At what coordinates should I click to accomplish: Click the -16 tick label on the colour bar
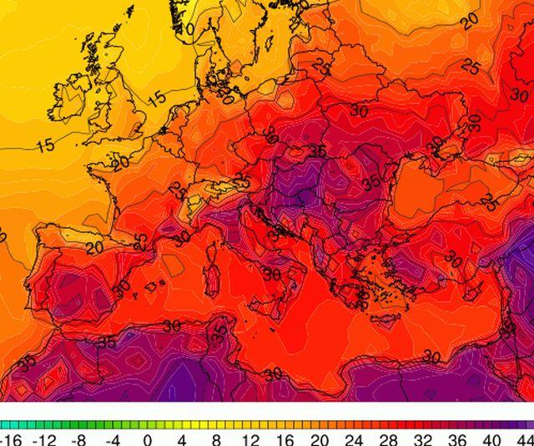[10, 438]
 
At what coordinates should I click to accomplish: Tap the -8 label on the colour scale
[78, 438]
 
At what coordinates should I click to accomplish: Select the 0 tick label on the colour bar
[147, 438]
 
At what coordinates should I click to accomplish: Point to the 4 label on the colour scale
[181, 438]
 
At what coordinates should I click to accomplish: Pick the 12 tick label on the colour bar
[249, 438]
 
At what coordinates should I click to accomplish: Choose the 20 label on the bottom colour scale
[320, 438]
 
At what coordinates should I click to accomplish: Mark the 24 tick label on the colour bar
[354, 438]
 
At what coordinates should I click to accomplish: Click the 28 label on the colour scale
[389, 438]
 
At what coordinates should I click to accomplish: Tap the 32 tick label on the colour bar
[423, 438]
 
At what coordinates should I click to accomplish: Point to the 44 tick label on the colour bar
[524, 438]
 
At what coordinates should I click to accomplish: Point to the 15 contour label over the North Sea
[156, 98]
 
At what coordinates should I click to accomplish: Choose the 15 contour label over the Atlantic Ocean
[46, 145]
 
